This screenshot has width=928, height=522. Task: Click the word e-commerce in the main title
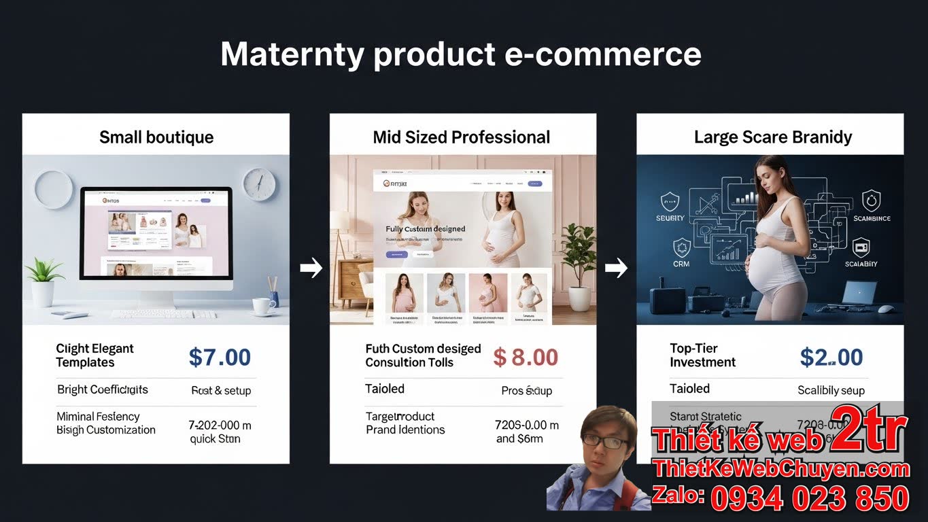point(602,54)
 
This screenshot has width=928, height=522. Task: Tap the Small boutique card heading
point(156,137)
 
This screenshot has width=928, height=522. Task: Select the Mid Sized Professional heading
point(462,137)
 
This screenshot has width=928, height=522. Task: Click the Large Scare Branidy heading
point(772,137)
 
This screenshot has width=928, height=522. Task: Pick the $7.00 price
point(220,358)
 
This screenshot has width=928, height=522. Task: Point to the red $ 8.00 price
point(526,358)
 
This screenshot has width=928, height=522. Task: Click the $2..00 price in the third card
point(831,358)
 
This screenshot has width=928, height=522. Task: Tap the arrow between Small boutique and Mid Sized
point(311,268)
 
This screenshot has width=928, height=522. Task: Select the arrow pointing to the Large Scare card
point(616,268)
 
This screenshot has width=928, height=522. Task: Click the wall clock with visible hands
point(259,184)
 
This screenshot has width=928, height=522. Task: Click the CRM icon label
point(681,263)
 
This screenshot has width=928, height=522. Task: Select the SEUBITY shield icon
point(670,202)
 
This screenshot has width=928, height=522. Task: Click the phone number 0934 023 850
point(810,498)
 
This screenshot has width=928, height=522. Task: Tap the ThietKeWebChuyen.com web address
point(780,469)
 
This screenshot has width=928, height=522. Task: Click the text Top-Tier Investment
point(702,355)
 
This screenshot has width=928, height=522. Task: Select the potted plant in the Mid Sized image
point(579,265)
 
